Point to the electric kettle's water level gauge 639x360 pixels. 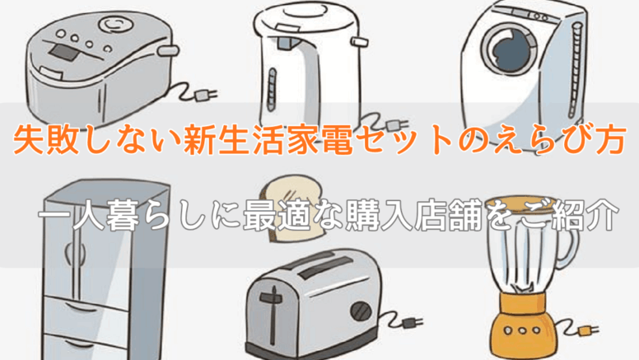point(272,90)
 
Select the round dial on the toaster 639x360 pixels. point(361,311)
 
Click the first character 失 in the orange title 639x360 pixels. point(28,140)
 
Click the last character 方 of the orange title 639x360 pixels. point(610,140)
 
